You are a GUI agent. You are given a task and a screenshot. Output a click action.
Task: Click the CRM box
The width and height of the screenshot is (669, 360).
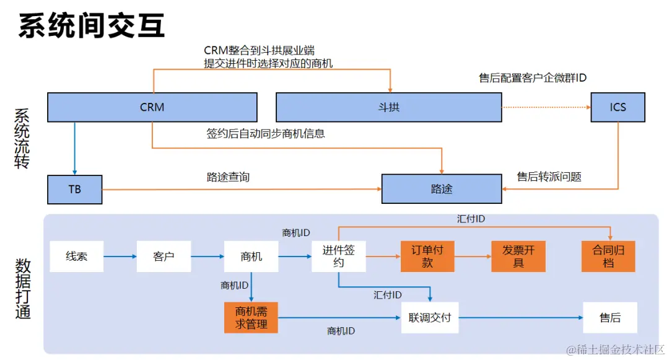click(152, 107)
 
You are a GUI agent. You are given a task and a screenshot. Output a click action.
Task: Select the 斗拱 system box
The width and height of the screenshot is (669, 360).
click(388, 107)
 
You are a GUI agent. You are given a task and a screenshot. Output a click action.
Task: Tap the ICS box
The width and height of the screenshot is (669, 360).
click(618, 107)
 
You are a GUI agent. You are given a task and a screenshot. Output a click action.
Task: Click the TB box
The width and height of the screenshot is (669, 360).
click(75, 190)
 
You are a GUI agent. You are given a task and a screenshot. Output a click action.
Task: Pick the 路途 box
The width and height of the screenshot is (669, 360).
click(441, 189)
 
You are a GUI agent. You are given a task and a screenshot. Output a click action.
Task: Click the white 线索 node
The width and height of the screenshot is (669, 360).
click(77, 257)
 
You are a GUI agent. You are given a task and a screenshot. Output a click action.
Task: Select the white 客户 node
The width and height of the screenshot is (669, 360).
click(164, 257)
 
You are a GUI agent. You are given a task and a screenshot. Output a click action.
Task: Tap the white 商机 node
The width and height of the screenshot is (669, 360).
click(251, 257)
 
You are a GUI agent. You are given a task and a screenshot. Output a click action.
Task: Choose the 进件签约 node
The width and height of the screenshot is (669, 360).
click(338, 257)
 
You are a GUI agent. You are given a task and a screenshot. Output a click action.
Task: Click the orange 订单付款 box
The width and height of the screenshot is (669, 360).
click(427, 257)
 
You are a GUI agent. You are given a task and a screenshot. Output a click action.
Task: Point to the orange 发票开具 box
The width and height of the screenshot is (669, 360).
click(518, 257)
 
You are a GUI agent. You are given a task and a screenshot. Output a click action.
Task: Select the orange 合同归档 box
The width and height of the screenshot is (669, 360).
click(608, 257)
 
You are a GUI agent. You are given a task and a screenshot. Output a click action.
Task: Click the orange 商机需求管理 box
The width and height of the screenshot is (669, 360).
click(251, 317)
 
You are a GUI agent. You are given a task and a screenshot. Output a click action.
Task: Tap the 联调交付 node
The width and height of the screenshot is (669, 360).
click(429, 318)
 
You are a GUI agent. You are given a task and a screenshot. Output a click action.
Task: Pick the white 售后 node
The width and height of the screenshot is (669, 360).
click(610, 318)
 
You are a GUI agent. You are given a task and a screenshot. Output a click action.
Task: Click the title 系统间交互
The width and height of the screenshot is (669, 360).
click(92, 26)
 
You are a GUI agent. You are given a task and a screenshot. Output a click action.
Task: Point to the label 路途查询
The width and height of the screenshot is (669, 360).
click(228, 177)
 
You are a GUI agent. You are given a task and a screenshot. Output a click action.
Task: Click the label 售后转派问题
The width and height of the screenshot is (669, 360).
click(549, 177)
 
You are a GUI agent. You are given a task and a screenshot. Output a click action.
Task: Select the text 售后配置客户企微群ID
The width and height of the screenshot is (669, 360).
click(533, 78)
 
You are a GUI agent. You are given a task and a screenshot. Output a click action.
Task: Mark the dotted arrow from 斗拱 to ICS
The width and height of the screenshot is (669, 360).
click(545, 107)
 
